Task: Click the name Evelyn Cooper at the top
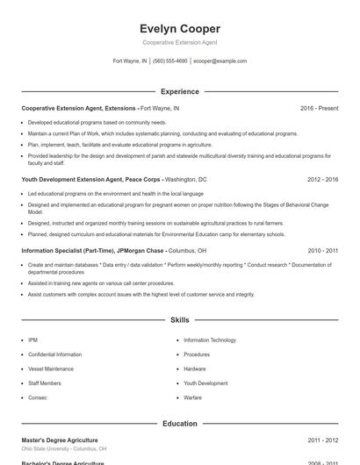tap(179, 28)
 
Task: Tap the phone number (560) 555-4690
tap(170, 61)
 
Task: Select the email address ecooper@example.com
tap(220, 61)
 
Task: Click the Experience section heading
tap(179, 91)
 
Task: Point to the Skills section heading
tap(179, 320)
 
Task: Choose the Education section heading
tap(179, 423)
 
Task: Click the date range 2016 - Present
tap(319, 108)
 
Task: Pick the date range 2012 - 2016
tap(322, 179)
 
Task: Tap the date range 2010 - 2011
tap(322, 250)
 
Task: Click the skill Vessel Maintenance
tap(51, 368)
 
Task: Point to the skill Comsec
tap(39, 397)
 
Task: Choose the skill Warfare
tap(192, 397)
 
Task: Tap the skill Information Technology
tap(209, 340)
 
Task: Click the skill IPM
tap(32, 340)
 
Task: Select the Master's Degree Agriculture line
tap(60, 440)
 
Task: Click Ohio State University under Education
tap(63, 448)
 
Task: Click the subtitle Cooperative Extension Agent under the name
tap(179, 42)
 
